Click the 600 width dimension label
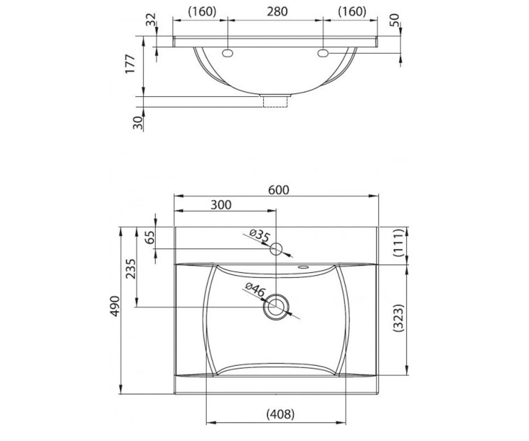279,190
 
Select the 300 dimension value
221,205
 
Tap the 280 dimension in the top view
277,11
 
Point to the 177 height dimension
130,64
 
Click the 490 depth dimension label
115,306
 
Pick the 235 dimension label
131,269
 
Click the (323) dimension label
398,318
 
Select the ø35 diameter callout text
260,235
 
